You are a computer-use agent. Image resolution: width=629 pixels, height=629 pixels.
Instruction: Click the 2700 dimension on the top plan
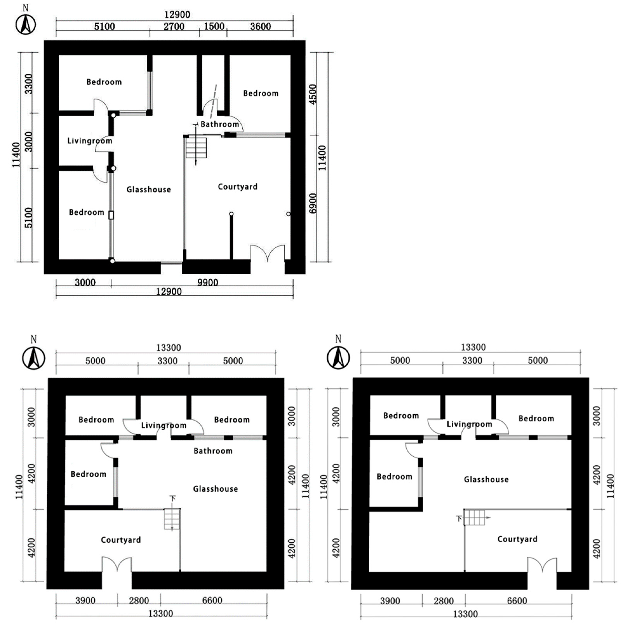pyautogui.click(x=174, y=26)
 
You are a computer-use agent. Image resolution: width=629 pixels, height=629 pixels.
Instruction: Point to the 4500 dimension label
pyautogui.click(x=312, y=94)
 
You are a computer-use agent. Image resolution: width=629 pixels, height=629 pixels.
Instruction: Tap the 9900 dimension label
pyautogui.click(x=208, y=282)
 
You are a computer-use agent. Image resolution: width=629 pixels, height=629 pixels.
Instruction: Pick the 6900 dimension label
pyautogui.click(x=312, y=204)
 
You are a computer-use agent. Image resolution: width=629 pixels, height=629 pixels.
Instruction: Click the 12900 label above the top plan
pyautogui.click(x=177, y=15)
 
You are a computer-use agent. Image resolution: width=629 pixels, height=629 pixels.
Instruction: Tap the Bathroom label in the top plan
pyautogui.click(x=220, y=124)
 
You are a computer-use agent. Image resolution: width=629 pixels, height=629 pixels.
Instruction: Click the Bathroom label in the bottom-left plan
pyautogui.click(x=213, y=451)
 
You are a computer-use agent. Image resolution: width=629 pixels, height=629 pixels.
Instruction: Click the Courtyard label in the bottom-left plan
pyautogui.click(x=121, y=540)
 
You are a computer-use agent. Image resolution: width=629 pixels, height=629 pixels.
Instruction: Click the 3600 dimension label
pyautogui.click(x=260, y=26)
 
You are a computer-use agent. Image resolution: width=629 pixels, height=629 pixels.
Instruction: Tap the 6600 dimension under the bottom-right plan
pyautogui.click(x=517, y=601)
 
